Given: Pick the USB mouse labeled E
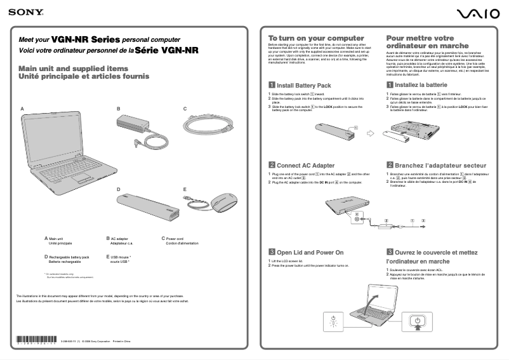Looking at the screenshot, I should (222, 202).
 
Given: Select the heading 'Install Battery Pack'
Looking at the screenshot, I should (303, 85).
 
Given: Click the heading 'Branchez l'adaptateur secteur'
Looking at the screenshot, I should (435, 165).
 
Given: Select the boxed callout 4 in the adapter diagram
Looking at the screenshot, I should (357, 215).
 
